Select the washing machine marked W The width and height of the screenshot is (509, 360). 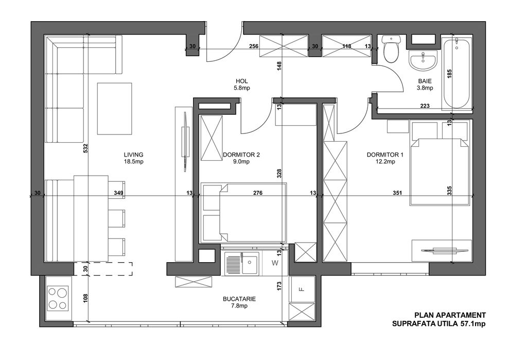274,264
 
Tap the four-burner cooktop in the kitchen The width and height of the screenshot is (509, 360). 57,298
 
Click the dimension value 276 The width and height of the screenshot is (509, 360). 258,193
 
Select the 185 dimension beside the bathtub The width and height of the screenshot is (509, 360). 450,73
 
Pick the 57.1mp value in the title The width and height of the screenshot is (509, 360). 473,324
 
